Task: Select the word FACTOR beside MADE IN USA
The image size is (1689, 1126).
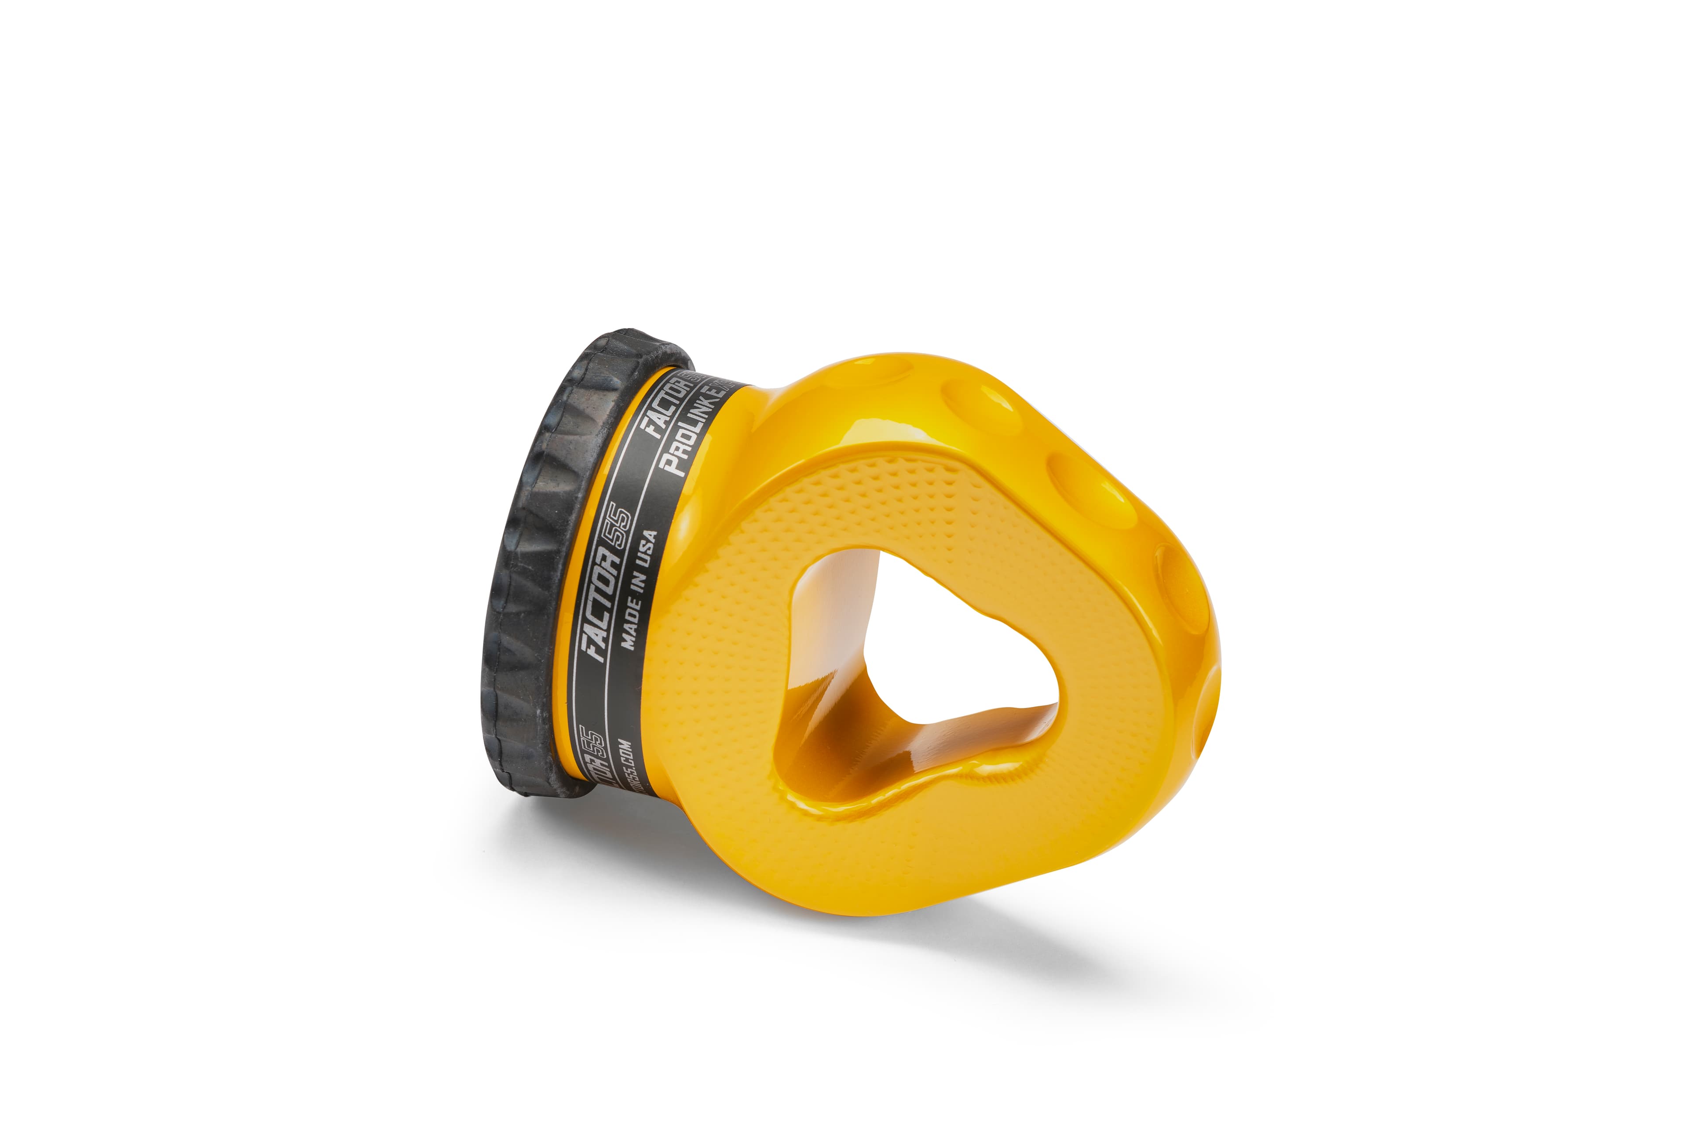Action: [606, 603]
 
